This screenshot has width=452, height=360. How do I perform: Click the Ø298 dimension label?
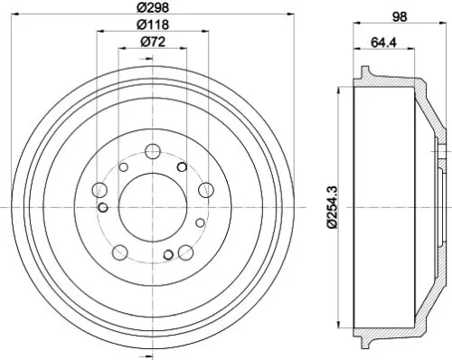pos(152,8)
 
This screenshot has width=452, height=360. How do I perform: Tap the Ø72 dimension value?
pos(152,43)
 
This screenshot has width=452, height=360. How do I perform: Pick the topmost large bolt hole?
pos(153,150)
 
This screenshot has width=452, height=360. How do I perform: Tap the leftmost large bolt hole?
pos(100,189)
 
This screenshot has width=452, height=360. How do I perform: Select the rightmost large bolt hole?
pos(206,189)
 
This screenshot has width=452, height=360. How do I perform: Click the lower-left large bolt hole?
pos(120,251)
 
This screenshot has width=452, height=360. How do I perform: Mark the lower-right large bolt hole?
pos(186,251)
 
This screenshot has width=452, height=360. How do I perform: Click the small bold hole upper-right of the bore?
pos(182,167)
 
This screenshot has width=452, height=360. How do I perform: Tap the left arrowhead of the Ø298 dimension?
pos(22,14)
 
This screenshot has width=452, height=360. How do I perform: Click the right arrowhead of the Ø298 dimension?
pos(286,14)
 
